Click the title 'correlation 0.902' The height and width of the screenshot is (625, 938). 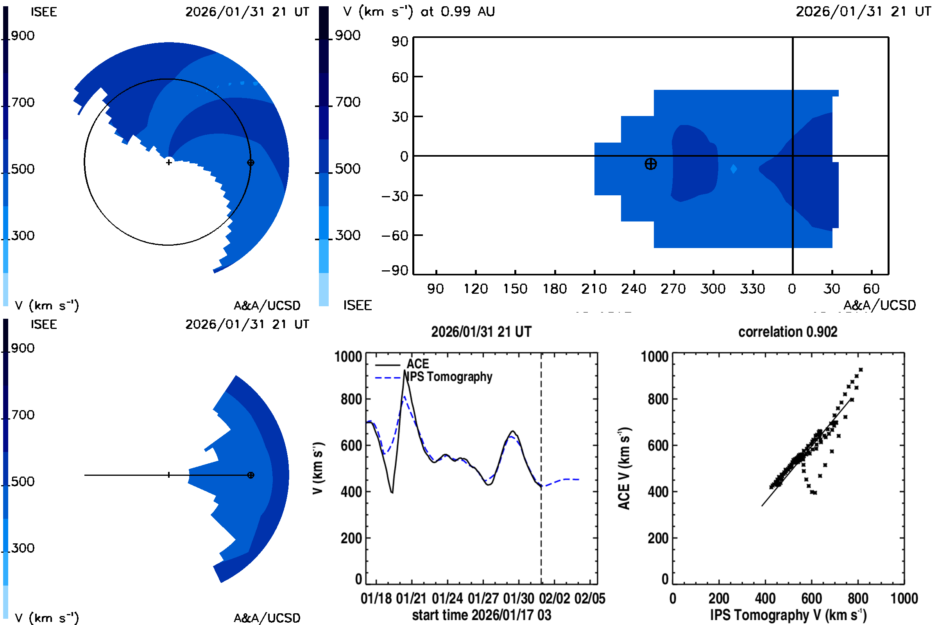tap(787, 332)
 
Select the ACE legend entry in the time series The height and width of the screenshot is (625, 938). tap(417, 364)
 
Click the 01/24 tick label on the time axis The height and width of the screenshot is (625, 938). tap(447, 599)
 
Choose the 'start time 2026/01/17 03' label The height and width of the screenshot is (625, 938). tap(482, 615)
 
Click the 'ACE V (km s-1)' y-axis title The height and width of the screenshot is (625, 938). tap(625, 468)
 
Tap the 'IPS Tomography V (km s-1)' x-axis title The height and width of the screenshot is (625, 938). tap(788, 615)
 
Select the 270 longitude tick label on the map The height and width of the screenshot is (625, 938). tap(673, 289)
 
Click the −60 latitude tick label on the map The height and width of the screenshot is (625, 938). tap(395, 236)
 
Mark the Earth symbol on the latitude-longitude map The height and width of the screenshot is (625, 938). tap(650, 164)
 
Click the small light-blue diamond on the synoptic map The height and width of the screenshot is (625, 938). tap(734, 169)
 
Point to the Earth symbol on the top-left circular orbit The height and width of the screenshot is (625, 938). tap(251, 162)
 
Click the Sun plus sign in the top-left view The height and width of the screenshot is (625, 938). tap(169, 162)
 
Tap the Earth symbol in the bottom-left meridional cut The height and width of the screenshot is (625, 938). tap(251, 475)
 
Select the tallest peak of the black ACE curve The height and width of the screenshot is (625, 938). tap(405, 371)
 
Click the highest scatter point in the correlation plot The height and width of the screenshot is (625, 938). tap(861, 370)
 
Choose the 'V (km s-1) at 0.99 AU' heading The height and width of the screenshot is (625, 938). tap(419, 12)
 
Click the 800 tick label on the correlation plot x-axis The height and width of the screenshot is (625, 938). tap(858, 599)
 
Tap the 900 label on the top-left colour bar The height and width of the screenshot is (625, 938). tap(23, 36)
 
